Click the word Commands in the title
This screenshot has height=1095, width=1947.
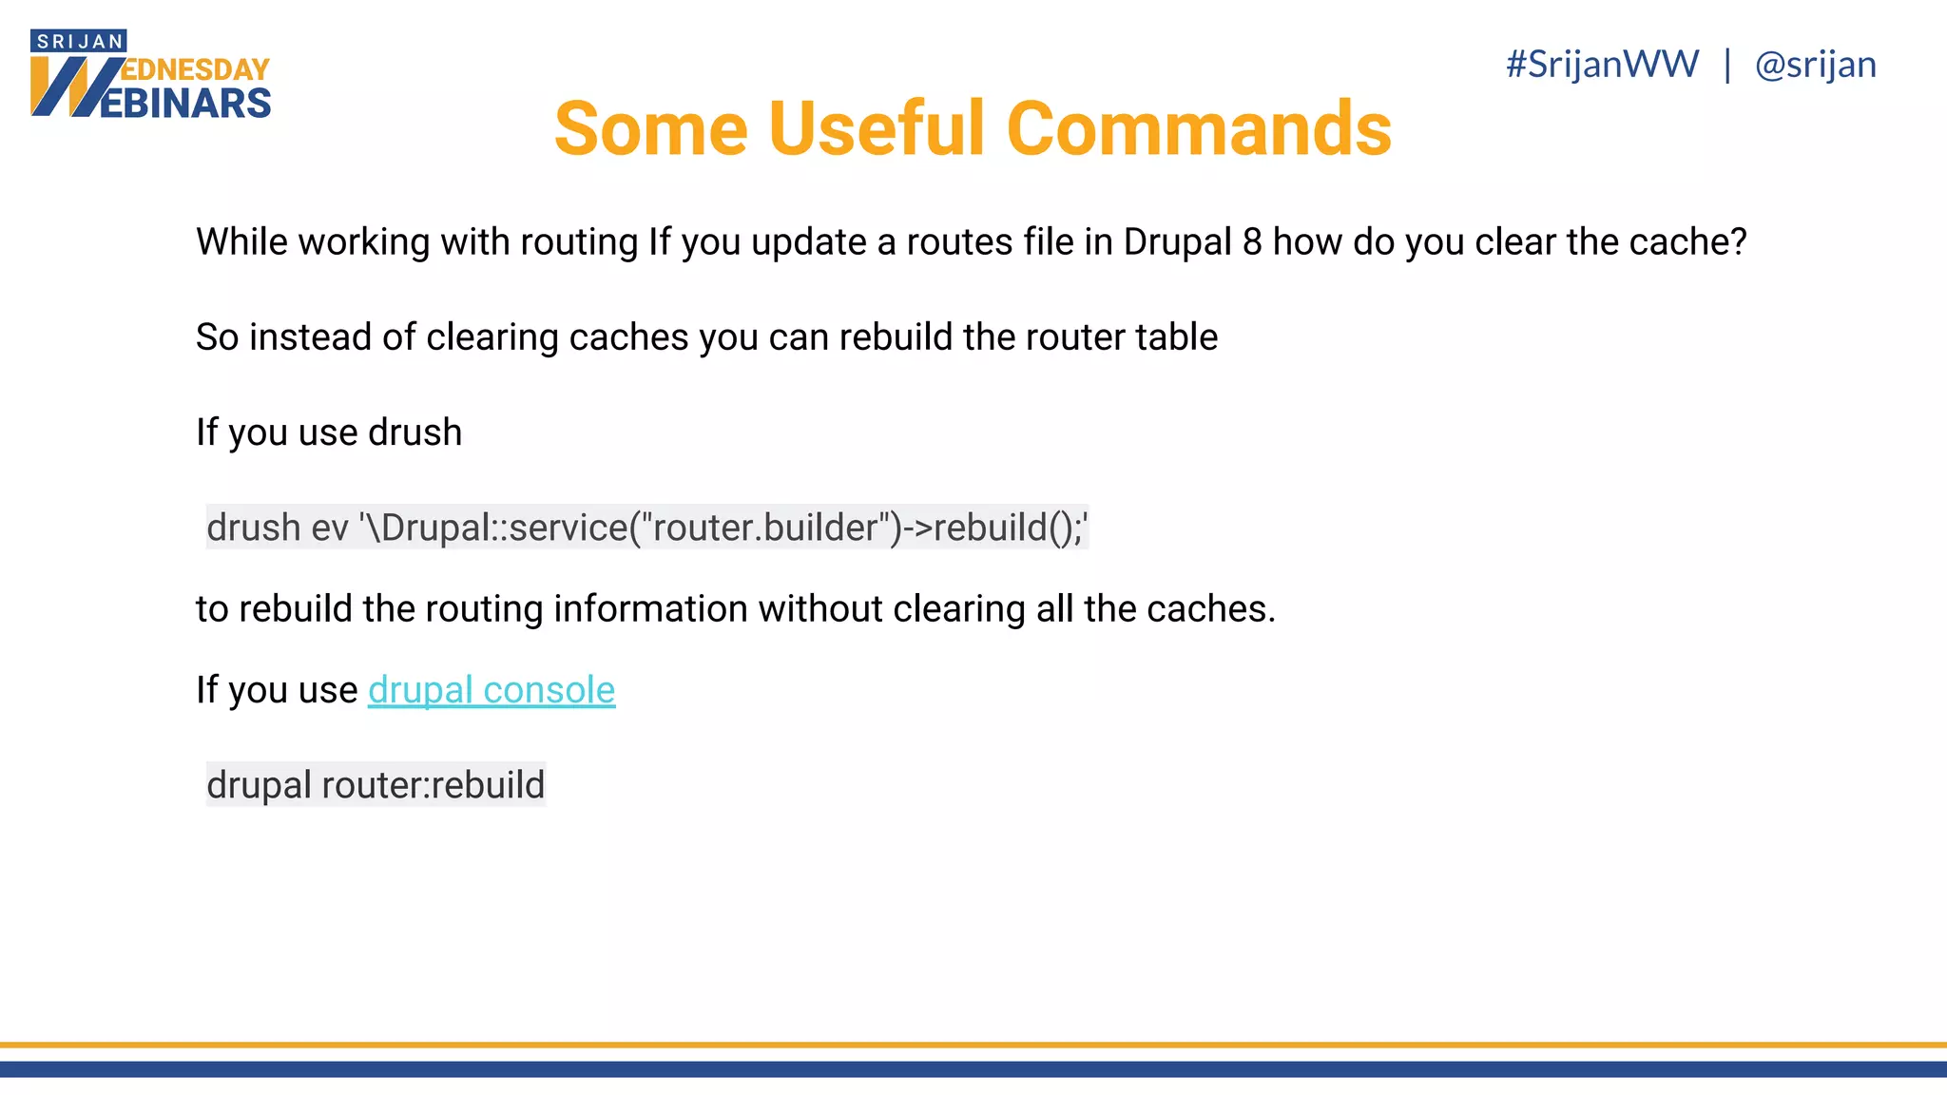click(x=1199, y=129)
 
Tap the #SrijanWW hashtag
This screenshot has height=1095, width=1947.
click(x=1603, y=65)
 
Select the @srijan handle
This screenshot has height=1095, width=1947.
click(x=1815, y=65)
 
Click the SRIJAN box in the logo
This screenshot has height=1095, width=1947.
click(x=79, y=41)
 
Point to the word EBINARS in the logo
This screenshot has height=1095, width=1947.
click(x=186, y=104)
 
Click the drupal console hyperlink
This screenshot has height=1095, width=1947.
click(x=492, y=690)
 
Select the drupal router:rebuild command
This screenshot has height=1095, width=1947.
click(x=376, y=785)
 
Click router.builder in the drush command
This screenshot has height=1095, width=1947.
click(x=770, y=528)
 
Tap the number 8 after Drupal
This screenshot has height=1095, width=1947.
click(x=1252, y=242)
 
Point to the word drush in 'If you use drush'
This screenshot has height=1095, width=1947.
click(x=414, y=432)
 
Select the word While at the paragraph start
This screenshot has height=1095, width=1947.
click(x=241, y=242)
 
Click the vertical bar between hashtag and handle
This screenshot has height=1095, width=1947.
click(x=1727, y=65)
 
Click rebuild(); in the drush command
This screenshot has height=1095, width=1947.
click(x=1007, y=528)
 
